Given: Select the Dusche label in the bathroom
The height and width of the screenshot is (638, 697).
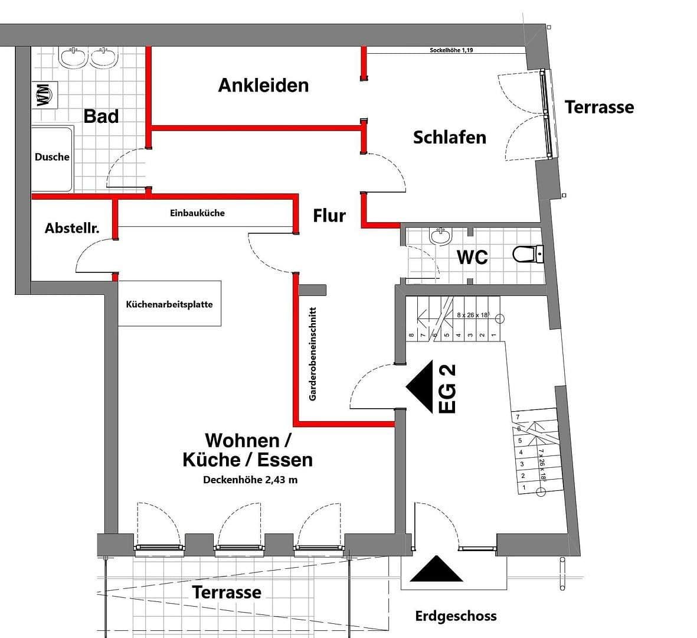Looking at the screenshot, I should (52, 157).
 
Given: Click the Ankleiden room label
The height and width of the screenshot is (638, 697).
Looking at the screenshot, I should (263, 85).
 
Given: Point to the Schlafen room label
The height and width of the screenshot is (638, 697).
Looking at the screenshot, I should (449, 137).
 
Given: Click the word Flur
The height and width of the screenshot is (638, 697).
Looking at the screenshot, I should (329, 216).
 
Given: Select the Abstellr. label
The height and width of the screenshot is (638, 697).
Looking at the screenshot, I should (72, 228).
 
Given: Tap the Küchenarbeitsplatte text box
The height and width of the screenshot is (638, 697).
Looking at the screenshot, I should (169, 304).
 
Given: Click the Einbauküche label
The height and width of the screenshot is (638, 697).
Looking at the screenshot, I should (197, 213).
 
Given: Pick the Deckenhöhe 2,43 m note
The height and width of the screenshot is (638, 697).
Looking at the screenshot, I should (250, 480).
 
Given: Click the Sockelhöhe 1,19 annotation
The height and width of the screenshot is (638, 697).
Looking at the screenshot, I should (451, 51).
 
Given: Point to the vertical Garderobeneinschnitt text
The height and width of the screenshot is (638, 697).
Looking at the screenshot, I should (313, 354).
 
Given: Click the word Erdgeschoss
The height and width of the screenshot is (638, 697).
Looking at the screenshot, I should (456, 616).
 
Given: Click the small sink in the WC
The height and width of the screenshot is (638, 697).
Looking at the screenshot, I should (440, 237).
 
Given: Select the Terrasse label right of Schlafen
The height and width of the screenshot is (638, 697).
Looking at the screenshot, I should (599, 107).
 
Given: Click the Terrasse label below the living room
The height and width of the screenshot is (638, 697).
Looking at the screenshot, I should (227, 592).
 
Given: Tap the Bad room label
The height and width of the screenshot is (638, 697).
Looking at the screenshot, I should (101, 116).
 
